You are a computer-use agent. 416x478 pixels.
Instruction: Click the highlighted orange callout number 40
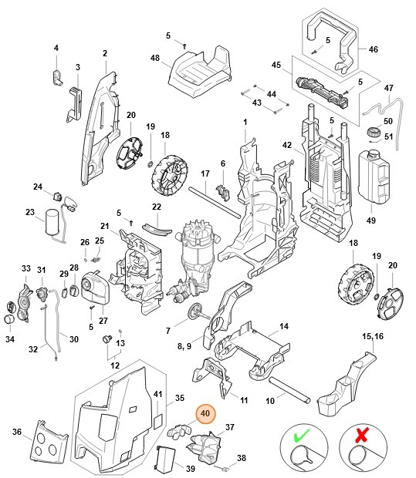point(205,414)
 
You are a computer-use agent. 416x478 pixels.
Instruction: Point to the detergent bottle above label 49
point(373,173)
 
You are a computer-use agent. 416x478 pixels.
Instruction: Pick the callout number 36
point(16,432)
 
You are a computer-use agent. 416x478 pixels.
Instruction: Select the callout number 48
point(155,59)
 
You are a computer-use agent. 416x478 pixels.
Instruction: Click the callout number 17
point(205,174)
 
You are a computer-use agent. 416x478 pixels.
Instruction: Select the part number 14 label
point(284,327)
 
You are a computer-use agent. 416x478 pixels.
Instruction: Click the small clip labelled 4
point(57,75)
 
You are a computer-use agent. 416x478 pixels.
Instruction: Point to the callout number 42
point(286,145)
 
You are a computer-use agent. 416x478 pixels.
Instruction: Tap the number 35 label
point(180,398)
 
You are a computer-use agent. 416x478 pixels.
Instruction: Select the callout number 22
point(156,207)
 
